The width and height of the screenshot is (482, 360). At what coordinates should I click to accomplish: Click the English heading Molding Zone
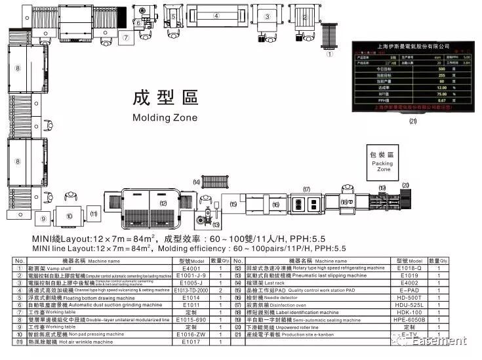pos(165,118)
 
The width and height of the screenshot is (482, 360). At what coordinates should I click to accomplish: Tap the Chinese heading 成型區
pos(165,98)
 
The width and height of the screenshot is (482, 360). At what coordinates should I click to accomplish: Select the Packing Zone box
pos(382,162)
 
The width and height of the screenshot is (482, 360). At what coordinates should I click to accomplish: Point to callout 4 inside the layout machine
pos(215,15)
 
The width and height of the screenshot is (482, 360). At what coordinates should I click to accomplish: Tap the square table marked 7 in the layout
pos(125,38)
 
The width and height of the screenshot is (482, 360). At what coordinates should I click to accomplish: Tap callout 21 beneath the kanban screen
pos(412,121)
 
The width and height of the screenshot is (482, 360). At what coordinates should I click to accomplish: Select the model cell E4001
pos(190,268)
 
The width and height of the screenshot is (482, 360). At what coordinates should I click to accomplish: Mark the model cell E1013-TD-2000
pos(191,290)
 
